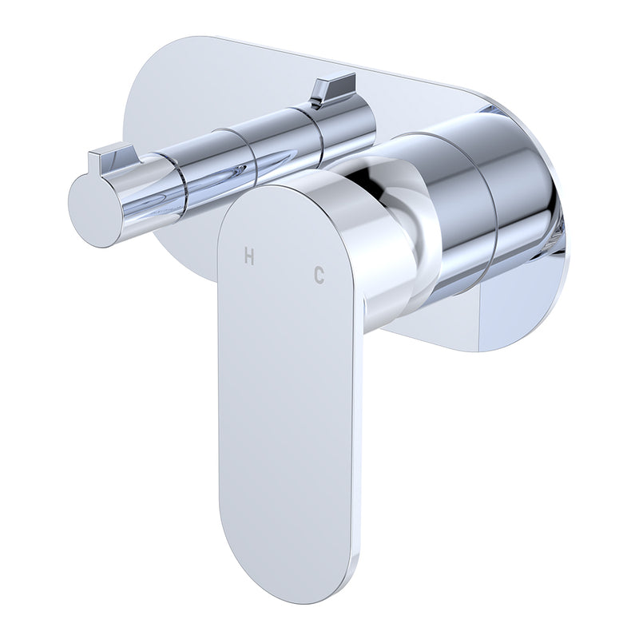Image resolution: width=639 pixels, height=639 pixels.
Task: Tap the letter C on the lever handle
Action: click(319, 275)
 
